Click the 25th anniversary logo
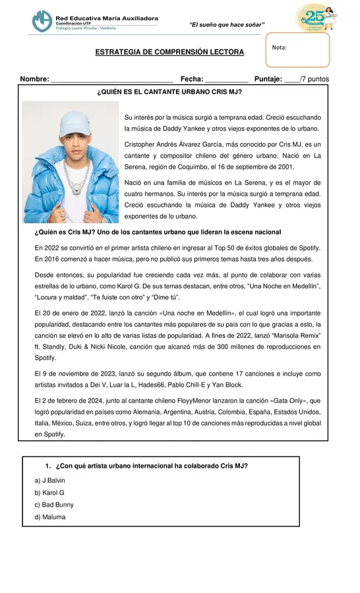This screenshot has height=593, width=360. (x=316, y=17)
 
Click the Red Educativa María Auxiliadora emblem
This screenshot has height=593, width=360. (x=43, y=20)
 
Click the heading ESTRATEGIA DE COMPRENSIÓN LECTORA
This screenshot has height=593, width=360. (x=169, y=52)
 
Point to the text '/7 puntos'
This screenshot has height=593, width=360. (x=315, y=80)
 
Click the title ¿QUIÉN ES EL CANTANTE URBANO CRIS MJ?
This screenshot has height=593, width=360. (x=169, y=92)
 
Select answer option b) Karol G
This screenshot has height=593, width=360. (x=49, y=492)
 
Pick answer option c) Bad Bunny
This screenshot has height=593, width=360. (x=54, y=505)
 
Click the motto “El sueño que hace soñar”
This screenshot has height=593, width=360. (x=227, y=25)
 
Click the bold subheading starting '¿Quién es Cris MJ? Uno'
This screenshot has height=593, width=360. (x=158, y=232)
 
